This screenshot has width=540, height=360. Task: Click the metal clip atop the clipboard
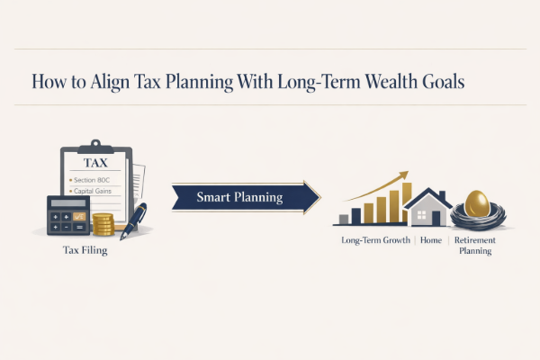tap(93, 144)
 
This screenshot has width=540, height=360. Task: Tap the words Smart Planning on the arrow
tap(239, 197)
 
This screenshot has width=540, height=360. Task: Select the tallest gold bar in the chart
tap(406, 202)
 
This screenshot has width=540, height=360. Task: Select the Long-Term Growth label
tap(376, 241)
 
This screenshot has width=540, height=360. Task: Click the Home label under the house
tap(430, 241)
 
